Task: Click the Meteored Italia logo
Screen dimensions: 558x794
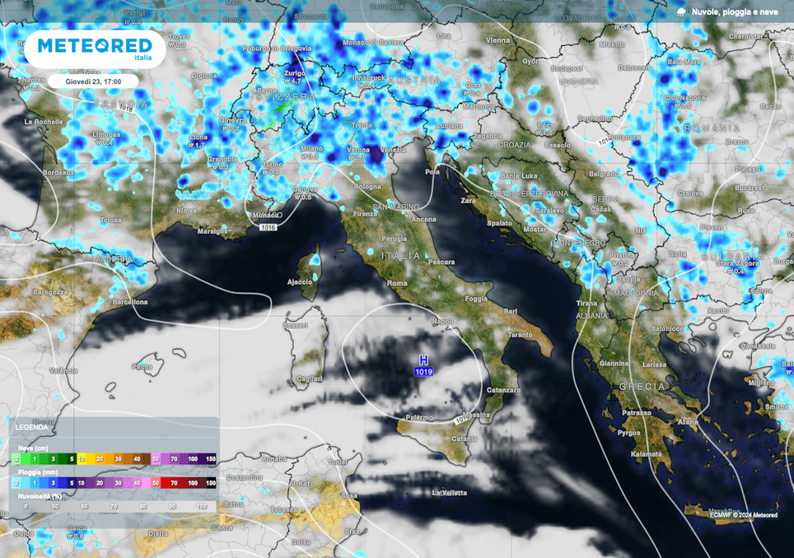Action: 95,48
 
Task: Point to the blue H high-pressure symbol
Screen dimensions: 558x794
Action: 423,360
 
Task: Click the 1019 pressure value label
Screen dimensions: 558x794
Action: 423,372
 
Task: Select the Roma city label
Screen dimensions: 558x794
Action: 397,283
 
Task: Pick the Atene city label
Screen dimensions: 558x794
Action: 688,422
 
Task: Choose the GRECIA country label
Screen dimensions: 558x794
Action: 642,386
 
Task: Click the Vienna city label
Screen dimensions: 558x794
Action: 497,40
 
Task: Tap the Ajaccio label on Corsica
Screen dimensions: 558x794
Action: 299,282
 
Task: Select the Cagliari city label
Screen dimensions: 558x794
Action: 309,378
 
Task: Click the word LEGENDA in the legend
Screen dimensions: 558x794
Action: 31,427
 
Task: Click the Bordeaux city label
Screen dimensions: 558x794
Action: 58,173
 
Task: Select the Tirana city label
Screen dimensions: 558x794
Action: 587,304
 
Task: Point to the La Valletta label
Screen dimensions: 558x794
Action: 450,492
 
